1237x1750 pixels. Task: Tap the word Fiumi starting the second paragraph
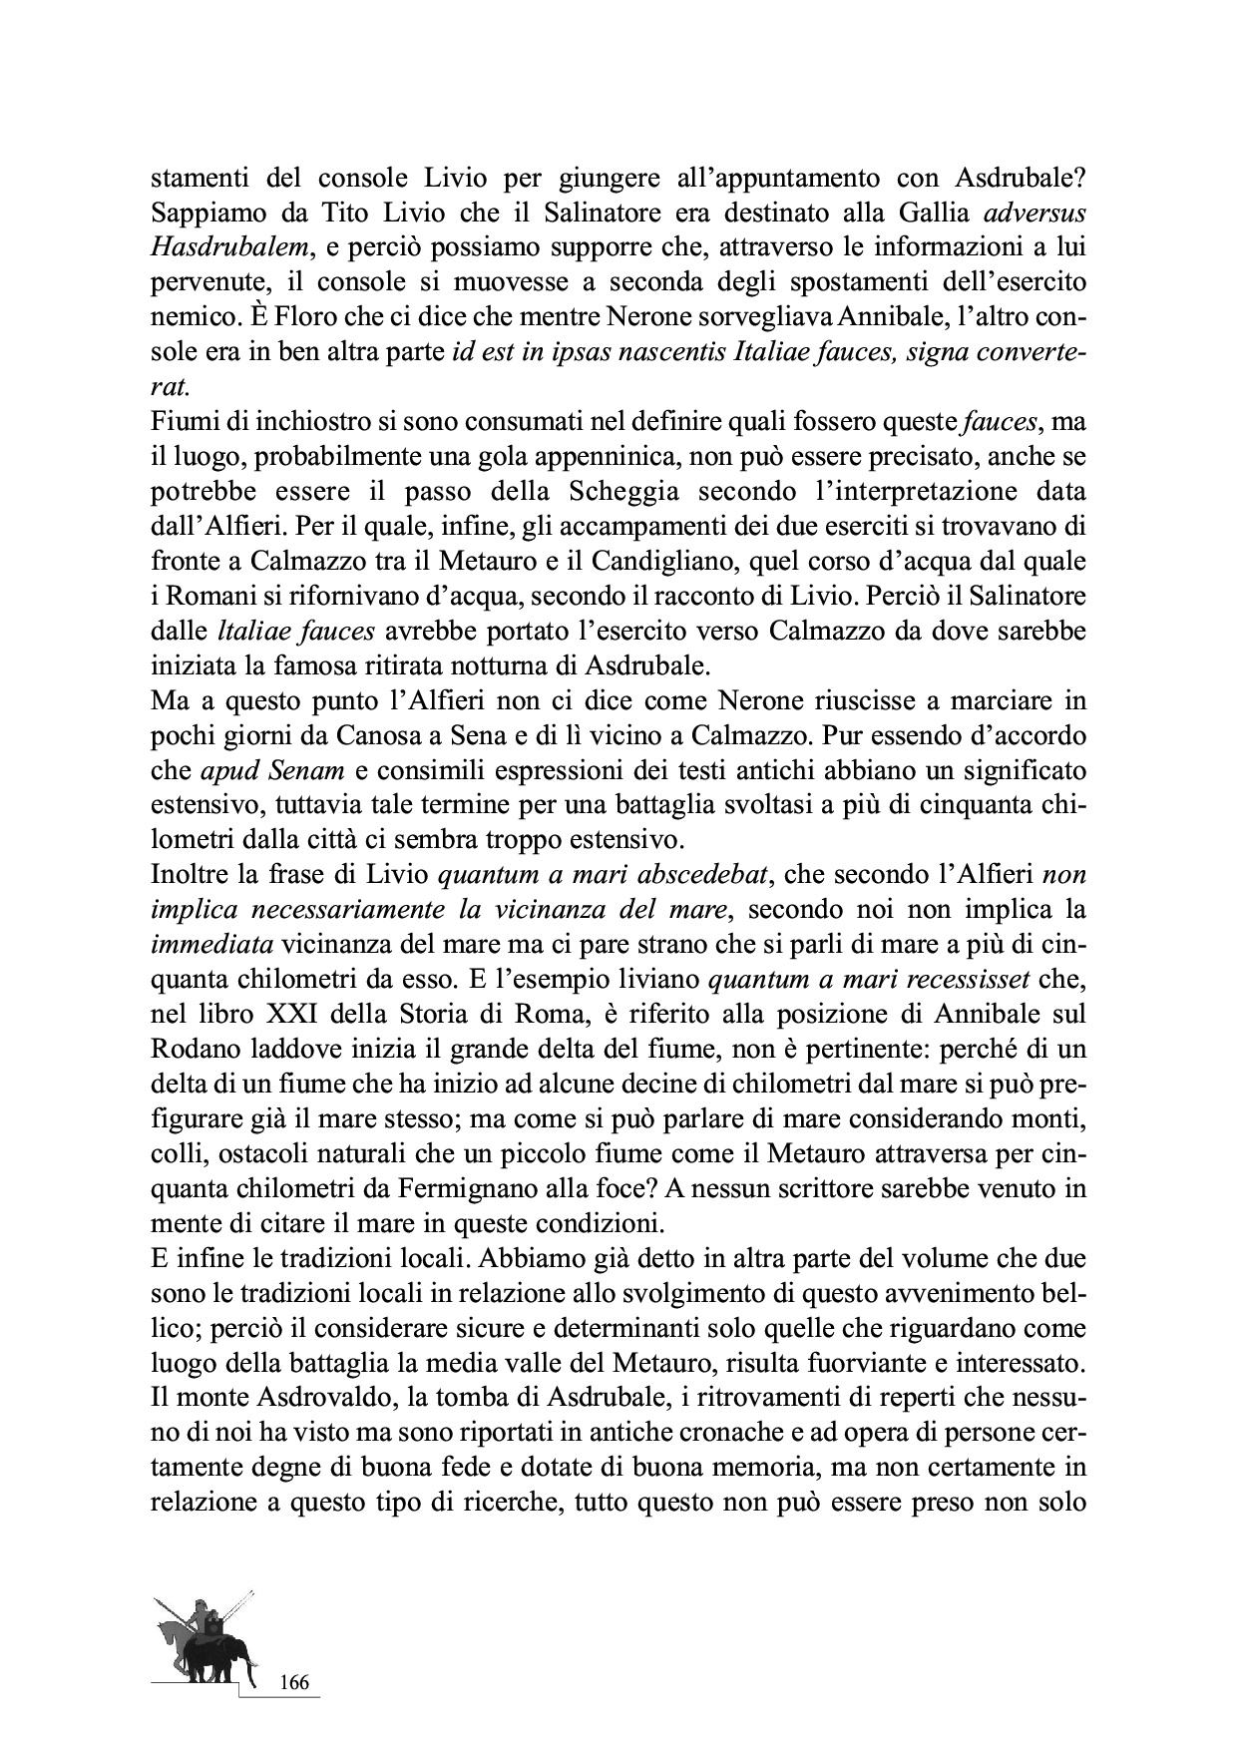pyautogui.click(x=179, y=422)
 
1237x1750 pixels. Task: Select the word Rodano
pyautogui.click(x=191, y=1050)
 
